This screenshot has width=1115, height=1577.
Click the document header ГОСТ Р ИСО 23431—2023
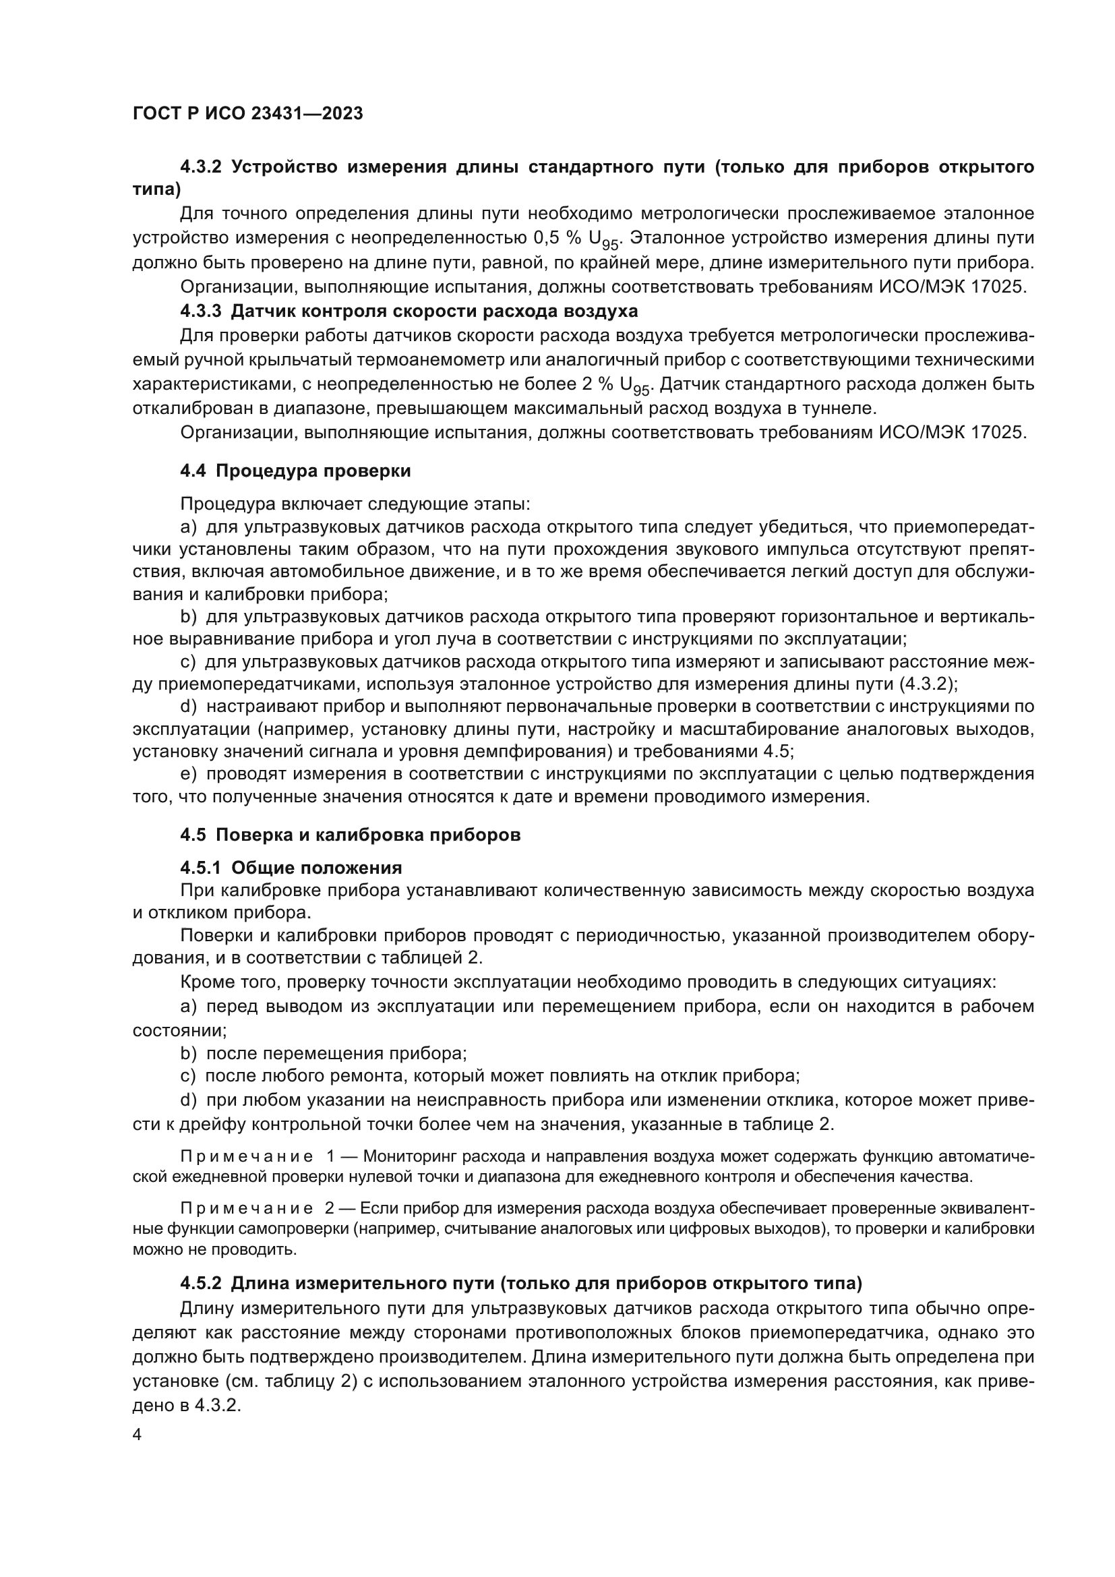click(248, 113)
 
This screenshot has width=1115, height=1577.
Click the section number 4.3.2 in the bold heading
click(200, 167)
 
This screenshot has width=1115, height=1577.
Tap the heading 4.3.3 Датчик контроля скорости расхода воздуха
click(409, 311)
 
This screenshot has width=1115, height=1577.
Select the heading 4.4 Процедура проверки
click(295, 471)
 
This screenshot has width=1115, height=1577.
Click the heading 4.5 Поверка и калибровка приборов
click(350, 835)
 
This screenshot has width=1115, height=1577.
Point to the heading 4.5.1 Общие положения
click(291, 868)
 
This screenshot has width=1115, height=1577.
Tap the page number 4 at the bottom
click(137, 1434)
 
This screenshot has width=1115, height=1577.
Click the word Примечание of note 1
click(247, 1157)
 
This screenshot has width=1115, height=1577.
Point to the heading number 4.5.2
click(200, 1282)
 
